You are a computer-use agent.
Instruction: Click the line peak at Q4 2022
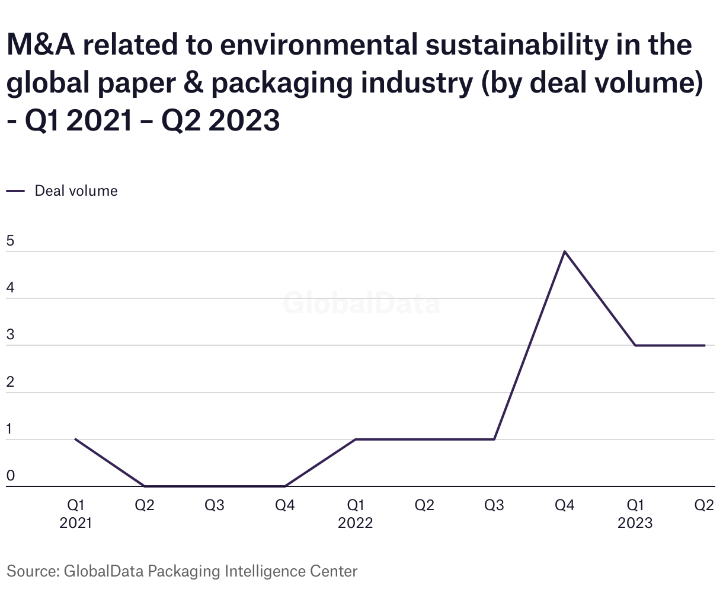tap(565, 251)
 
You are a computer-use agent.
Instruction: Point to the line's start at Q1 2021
tap(75, 439)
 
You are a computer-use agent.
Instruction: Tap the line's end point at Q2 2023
tap(705, 345)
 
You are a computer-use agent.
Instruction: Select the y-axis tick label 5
tap(10, 241)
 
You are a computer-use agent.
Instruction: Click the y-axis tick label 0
tap(10, 476)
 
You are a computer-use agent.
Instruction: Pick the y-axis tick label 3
tap(10, 335)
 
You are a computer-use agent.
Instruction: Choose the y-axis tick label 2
tap(10, 382)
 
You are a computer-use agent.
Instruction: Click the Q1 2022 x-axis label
tap(355, 514)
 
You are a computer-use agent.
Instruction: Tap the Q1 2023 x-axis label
tap(635, 514)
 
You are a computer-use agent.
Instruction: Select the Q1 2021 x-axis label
tap(75, 514)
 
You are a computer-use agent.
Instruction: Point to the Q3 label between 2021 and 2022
tap(215, 505)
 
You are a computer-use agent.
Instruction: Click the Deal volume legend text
tap(76, 191)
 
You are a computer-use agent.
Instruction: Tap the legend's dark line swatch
tap(15, 191)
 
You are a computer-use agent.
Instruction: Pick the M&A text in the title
tap(41, 45)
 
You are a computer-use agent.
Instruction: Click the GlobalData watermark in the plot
tap(361, 303)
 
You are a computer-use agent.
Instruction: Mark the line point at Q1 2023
tap(635, 345)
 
